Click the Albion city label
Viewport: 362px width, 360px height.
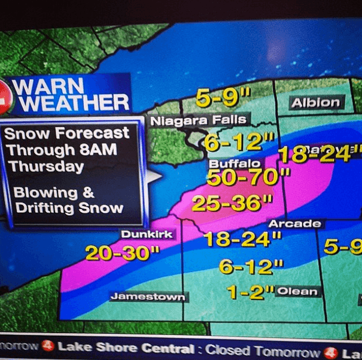[315, 102]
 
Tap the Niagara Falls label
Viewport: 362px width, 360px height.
[198, 120]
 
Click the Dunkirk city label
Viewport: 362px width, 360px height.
[147, 234]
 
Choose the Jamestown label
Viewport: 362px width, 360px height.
[147, 297]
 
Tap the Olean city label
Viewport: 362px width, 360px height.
[297, 292]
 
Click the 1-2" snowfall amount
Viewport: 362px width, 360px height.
[250, 292]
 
